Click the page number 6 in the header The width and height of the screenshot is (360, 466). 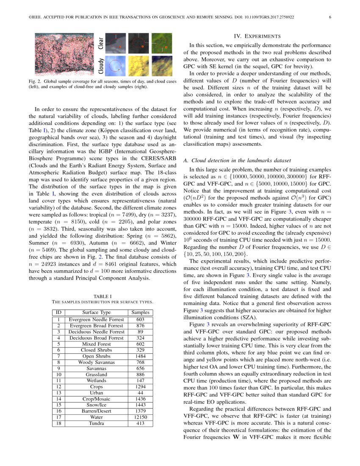[x=330, y=17]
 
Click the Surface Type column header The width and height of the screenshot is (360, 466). [x=97, y=313]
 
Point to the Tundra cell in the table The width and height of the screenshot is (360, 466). [x=97, y=423]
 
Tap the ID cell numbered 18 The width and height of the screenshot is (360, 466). [x=59, y=423]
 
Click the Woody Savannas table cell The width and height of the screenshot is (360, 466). [x=97, y=362]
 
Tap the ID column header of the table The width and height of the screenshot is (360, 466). [x=59, y=313]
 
